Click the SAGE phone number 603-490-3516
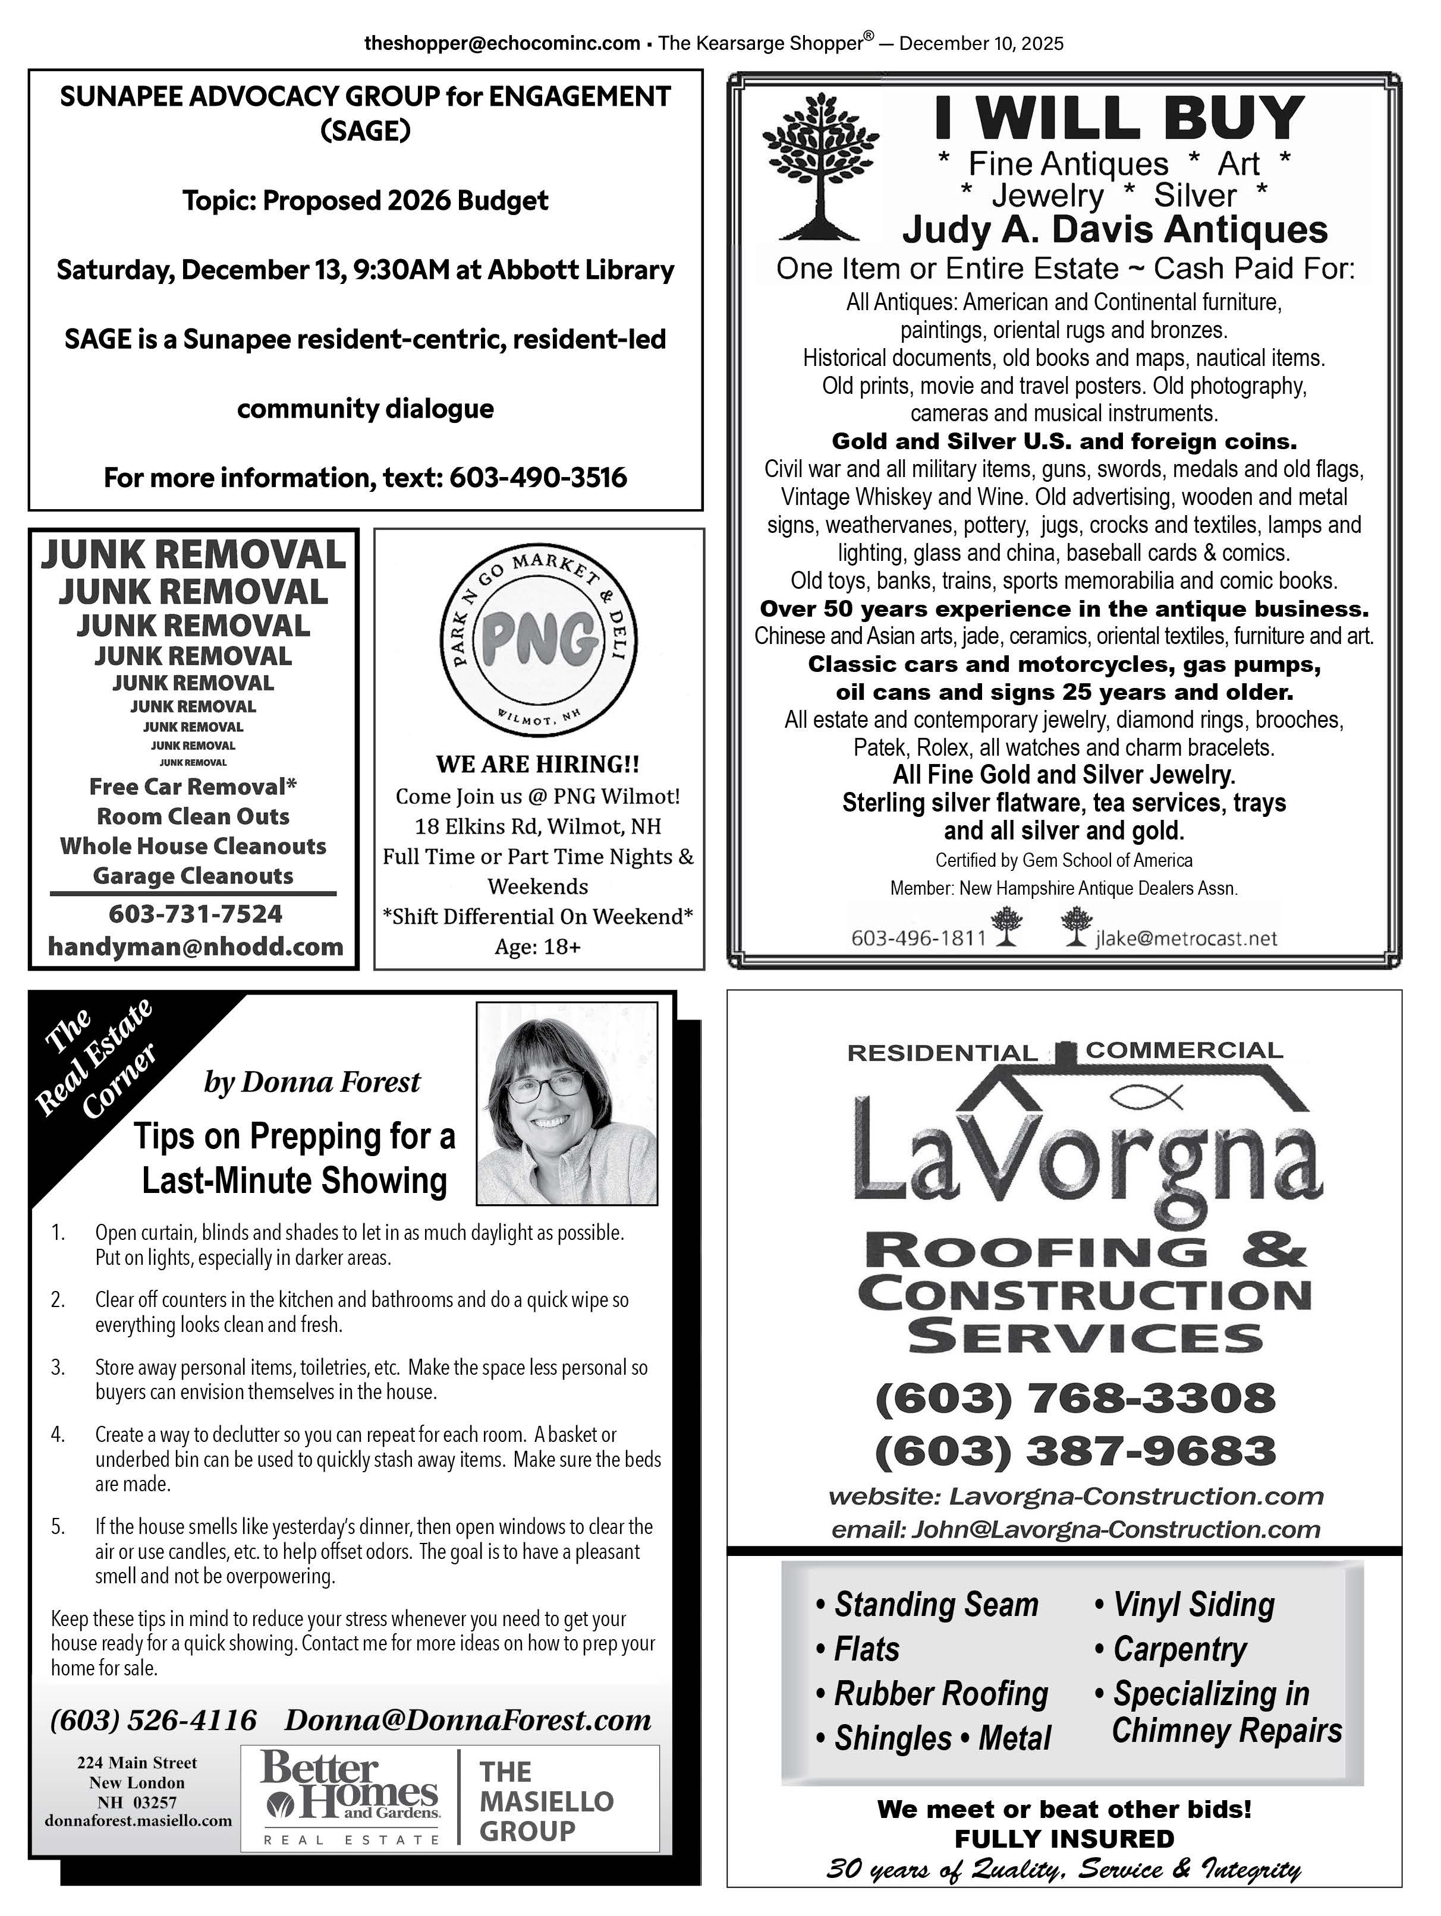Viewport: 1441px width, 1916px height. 537,477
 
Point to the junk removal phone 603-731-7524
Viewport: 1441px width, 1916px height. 195,913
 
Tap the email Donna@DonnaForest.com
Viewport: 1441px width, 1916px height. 468,1719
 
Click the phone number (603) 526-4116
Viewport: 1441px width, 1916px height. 153,1719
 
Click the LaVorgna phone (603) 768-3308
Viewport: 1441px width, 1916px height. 1075,1397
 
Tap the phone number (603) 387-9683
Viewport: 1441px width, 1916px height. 1075,1451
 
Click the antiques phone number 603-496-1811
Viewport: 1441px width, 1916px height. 918,938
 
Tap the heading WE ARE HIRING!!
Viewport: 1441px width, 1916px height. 537,764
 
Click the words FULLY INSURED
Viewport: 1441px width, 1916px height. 1064,1838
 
